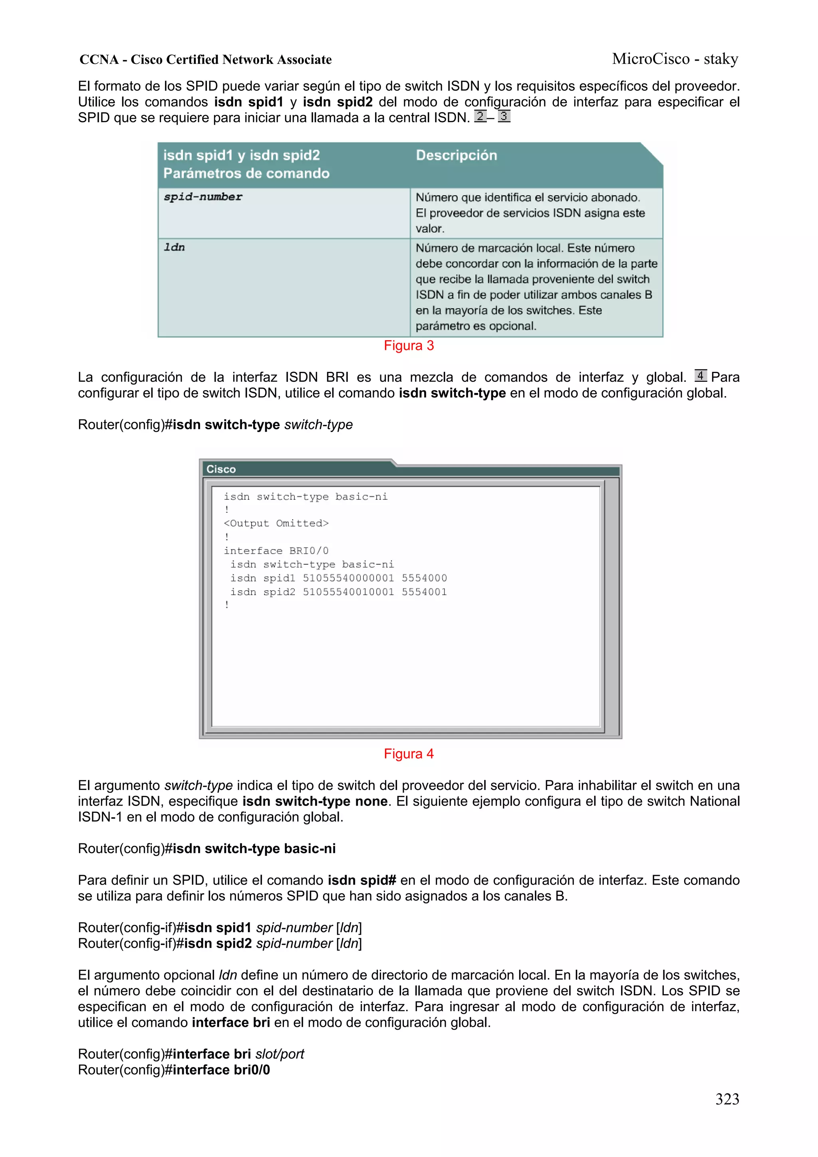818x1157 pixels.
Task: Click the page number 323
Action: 727,1099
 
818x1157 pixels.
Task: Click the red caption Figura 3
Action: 408,346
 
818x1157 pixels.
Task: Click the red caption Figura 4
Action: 408,754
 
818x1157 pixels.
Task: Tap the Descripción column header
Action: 456,155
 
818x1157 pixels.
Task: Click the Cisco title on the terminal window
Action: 221,469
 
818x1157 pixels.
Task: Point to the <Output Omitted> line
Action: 276,524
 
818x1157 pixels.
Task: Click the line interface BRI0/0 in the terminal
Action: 276,551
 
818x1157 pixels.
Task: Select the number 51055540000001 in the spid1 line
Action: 348,578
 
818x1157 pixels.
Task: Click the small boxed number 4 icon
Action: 700,375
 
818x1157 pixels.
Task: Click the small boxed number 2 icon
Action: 480,116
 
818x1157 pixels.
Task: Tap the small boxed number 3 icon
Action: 504,116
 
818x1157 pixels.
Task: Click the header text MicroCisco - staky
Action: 675,59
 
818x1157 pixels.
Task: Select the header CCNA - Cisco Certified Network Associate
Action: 206,60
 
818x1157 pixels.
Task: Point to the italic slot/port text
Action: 280,1054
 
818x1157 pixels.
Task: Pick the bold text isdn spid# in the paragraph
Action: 361,880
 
